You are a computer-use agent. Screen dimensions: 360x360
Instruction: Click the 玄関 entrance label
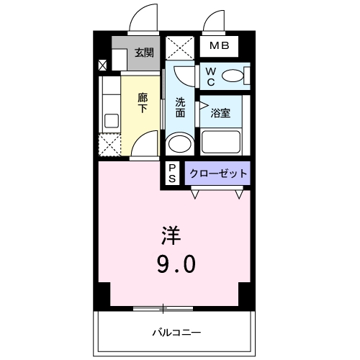(144, 52)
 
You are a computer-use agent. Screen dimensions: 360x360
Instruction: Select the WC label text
(210, 76)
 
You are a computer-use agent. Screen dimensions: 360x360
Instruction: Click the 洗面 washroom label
(181, 107)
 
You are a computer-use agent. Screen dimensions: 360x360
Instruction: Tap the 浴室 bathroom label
(220, 113)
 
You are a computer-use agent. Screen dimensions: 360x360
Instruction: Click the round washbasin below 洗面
(179, 144)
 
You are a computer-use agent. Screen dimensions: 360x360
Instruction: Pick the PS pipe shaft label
(173, 174)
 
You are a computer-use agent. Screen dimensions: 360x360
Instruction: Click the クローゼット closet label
(218, 173)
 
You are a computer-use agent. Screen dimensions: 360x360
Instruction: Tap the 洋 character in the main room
(170, 235)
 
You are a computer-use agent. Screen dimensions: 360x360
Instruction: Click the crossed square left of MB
(180, 48)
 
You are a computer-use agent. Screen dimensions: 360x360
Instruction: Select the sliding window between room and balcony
(164, 308)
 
